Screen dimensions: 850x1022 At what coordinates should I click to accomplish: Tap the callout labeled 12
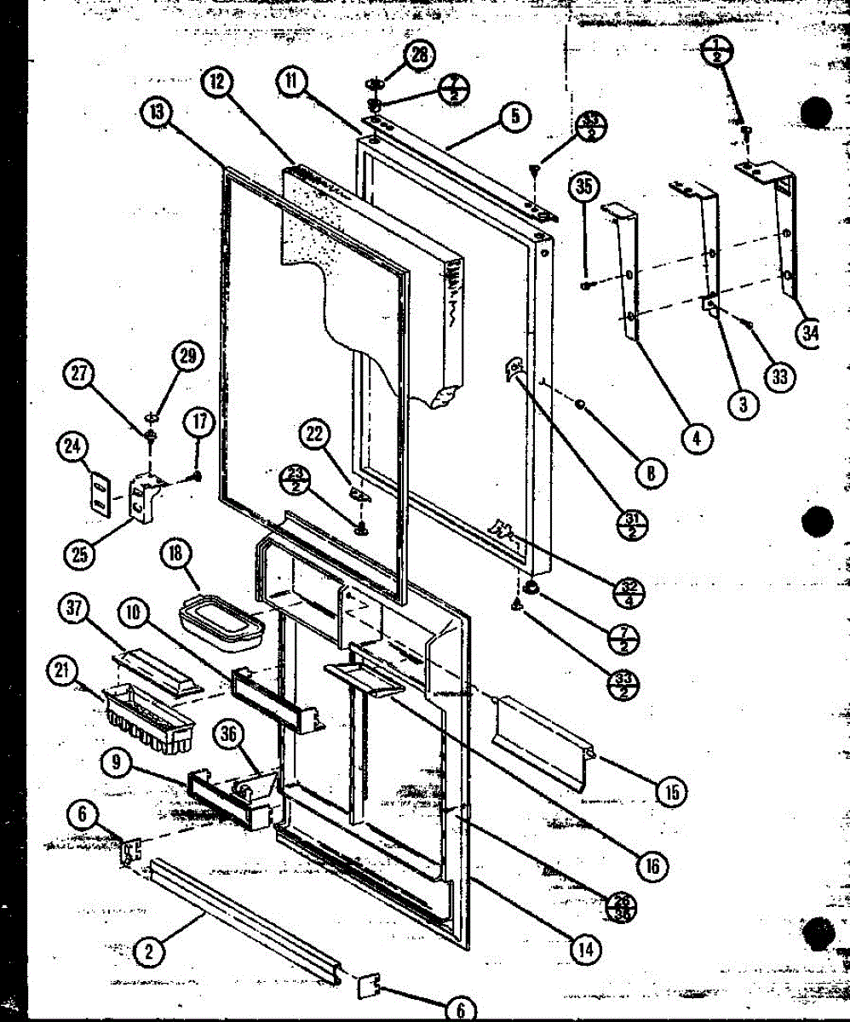click(219, 82)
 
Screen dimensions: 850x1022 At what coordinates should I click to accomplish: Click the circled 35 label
click(584, 187)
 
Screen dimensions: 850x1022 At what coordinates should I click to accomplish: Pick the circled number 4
click(696, 439)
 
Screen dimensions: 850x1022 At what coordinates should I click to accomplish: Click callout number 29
click(188, 357)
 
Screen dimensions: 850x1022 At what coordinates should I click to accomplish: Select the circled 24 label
click(73, 445)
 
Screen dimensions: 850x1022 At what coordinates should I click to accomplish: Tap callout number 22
click(314, 435)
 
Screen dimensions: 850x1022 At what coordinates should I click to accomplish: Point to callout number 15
click(672, 791)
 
